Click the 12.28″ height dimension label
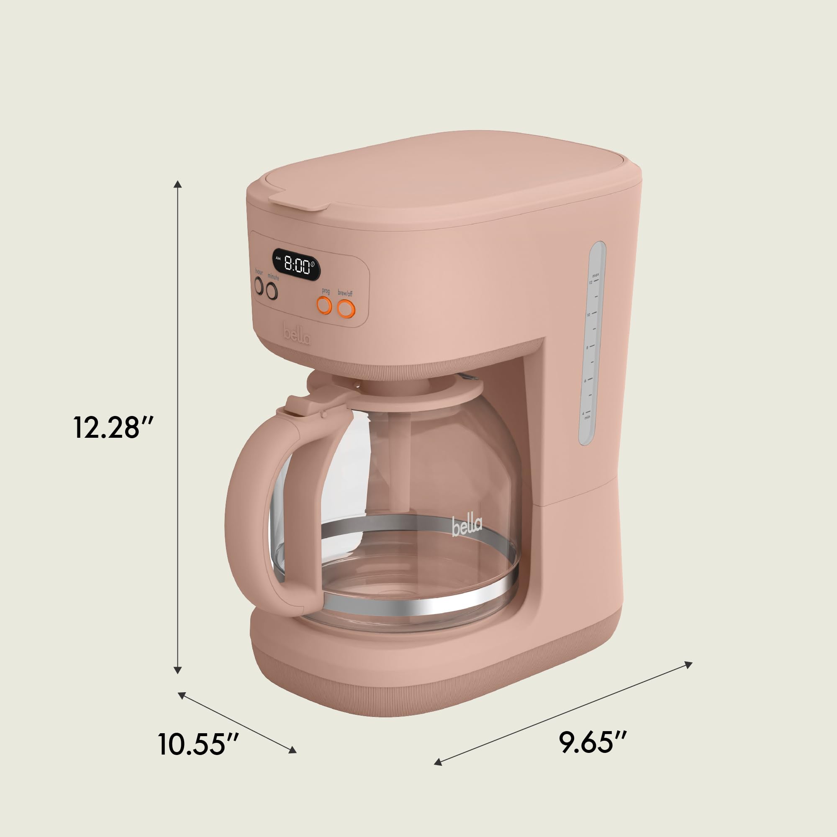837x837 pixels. point(113,427)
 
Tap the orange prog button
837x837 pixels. point(324,306)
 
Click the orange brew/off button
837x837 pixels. point(346,309)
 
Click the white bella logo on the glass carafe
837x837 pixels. point(467,526)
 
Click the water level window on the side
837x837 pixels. point(593,342)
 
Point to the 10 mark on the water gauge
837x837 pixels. point(589,315)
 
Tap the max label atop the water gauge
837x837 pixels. point(596,275)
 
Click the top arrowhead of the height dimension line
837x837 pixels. point(177,185)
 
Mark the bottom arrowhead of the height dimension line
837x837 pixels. point(177,670)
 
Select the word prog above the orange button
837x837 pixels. point(326,291)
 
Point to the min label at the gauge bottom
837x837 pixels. point(587,418)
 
